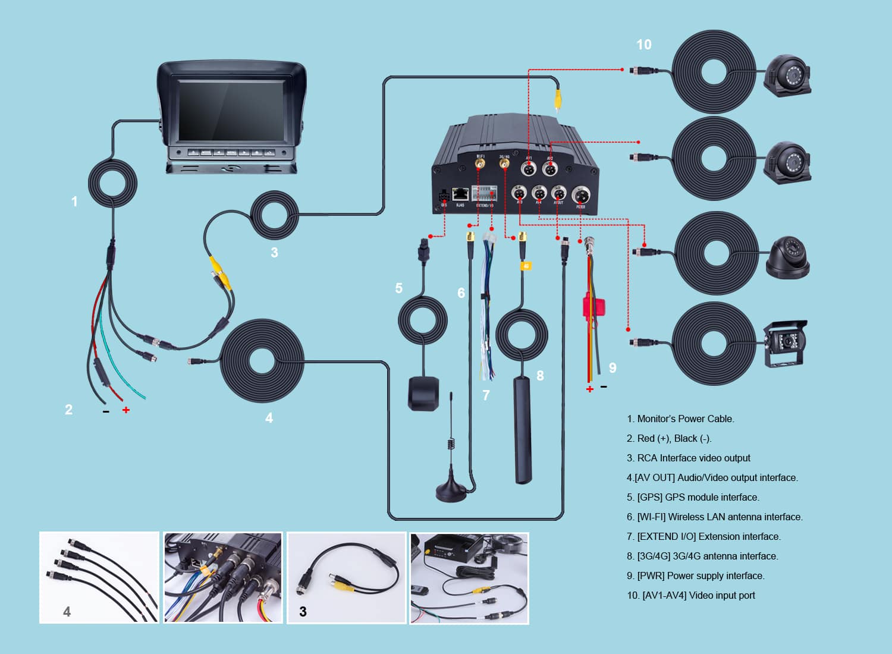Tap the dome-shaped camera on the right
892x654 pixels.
pyautogui.click(x=787, y=258)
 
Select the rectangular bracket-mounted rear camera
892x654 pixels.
pyautogui.click(x=784, y=344)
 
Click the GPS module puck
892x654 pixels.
pyautogui.click(x=423, y=393)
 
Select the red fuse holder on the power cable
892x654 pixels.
pyautogui.click(x=593, y=307)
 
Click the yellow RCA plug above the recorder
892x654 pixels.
pyautogui.click(x=557, y=98)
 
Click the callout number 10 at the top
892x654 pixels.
pyautogui.click(x=643, y=45)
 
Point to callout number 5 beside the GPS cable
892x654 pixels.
pyautogui.click(x=398, y=288)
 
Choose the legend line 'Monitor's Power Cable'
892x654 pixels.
pyautogui.click(x=680, y=419)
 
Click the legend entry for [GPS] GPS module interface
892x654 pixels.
pyautogui.click(x=693, y=497)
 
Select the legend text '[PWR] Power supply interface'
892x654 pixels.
pyautogui.click(x=695, y=576)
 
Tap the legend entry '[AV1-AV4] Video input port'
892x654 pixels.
pyautogui.click(x=690, y=595)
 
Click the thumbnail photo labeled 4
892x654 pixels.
pyautogui.click(x=99, y=577)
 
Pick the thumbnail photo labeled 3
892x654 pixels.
pyautogui.click(x=347, y=577)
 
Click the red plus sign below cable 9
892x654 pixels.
pyautogui.click(x=589, y=389)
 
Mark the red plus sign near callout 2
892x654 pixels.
pyautogui.click(x=126, y=410)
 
